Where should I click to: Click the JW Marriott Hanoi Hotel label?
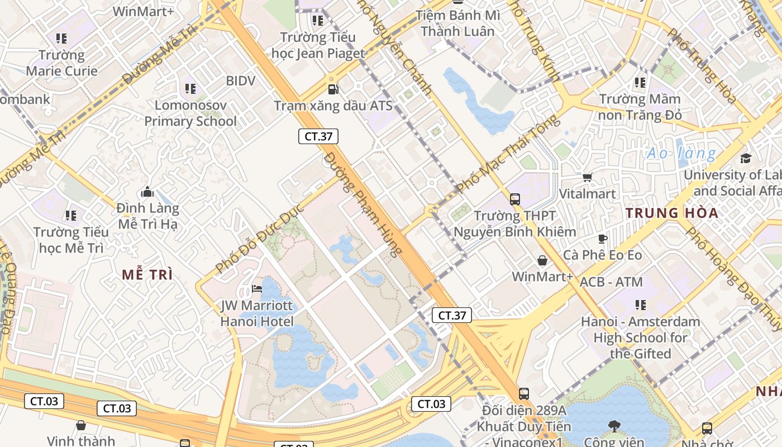(257, 313)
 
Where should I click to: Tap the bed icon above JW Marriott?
(257, 289)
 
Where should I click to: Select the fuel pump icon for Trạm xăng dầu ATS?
(333, 89)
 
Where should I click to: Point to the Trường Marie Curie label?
(61, 63)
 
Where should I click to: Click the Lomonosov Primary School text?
(190, 113)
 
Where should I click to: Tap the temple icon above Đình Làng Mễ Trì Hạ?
(147, 192)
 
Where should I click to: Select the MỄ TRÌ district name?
(147, 274)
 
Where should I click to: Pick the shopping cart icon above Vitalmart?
(587, 178)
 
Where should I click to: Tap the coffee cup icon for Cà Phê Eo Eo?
(602, 239)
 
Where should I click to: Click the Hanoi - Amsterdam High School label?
(640, 337)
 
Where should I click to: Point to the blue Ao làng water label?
(681, 153)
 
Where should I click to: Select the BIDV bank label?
(241, 81)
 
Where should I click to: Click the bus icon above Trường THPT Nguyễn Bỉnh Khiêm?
(515, 199)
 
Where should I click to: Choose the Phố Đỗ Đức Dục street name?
(259, 239)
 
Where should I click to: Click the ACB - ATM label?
(611, 282)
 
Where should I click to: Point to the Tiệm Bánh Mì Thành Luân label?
(457, 23)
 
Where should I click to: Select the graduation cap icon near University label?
(746, 158)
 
